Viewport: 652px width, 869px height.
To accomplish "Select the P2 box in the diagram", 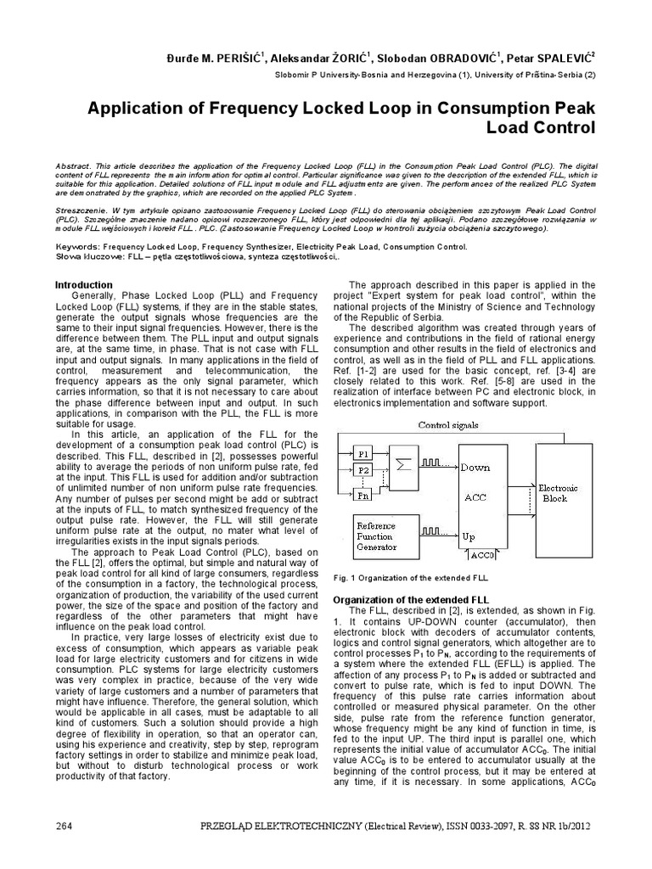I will pyautogui.click(x=364, y=469).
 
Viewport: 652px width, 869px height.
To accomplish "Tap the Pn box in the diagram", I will pyautogui.click(x=364, y=496).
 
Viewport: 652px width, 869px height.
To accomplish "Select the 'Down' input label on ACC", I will pyautogui.click(x=476, y=467).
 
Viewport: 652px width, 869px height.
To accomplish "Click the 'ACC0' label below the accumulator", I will pyautogui.click(x=481, y=555).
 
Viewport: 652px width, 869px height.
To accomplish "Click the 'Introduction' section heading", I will pyautogui.click(x=84, y=284).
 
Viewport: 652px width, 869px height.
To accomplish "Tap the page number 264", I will pyautogui.click(x=65, y=826).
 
